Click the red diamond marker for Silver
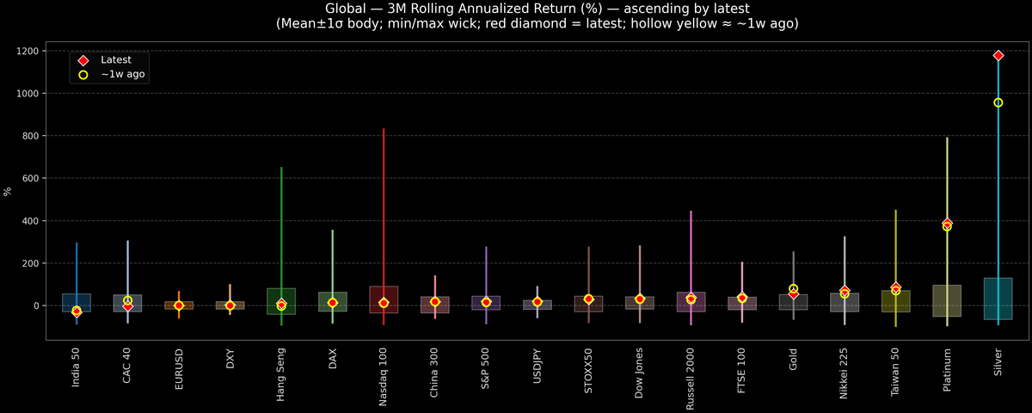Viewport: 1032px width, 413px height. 998,55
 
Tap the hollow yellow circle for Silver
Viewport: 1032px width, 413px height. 998,102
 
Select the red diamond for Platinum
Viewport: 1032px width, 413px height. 947,223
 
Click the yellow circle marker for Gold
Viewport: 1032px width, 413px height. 793,289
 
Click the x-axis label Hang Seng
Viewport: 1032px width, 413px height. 281,376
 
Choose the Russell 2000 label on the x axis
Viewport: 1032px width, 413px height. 691,379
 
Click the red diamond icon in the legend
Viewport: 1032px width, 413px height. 83,60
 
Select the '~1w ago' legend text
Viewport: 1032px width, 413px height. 123,75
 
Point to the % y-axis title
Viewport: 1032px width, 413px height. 8,191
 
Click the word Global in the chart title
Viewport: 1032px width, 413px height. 347,9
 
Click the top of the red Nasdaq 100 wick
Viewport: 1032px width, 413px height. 384,129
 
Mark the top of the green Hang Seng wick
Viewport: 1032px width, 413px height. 281,168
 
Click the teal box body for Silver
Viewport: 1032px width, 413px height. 998,299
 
